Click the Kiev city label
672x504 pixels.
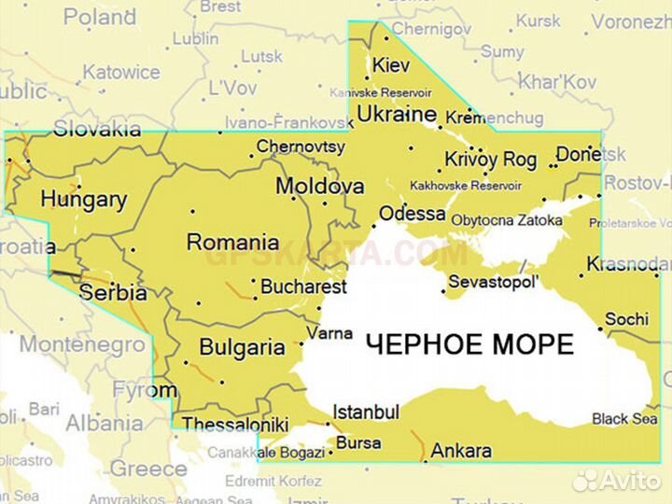coord(391,65)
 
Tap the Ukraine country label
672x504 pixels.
coord(398,115)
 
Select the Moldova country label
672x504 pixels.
coord(319,187)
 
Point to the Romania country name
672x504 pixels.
coord(232,243)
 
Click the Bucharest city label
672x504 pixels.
coord(303,287)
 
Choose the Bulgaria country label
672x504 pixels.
coord(243,348)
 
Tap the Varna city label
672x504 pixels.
coord(330,333)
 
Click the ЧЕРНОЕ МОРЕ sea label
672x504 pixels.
coord(469,344)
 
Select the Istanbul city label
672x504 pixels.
coord(366,412)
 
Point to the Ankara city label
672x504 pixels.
coord(461,451)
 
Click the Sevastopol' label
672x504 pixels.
coord(494,281)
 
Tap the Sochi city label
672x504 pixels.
coord(626,319)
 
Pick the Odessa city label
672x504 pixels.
coord(412,214)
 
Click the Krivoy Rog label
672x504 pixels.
coord(490,160)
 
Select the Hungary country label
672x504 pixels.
coord(83,200)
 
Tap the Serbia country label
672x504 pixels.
coord(113,292)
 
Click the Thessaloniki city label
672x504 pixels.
coord(235,425)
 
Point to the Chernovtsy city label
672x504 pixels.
coord(301,147)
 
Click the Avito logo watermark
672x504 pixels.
coord(617,480)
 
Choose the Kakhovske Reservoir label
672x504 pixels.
coord(465,186)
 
